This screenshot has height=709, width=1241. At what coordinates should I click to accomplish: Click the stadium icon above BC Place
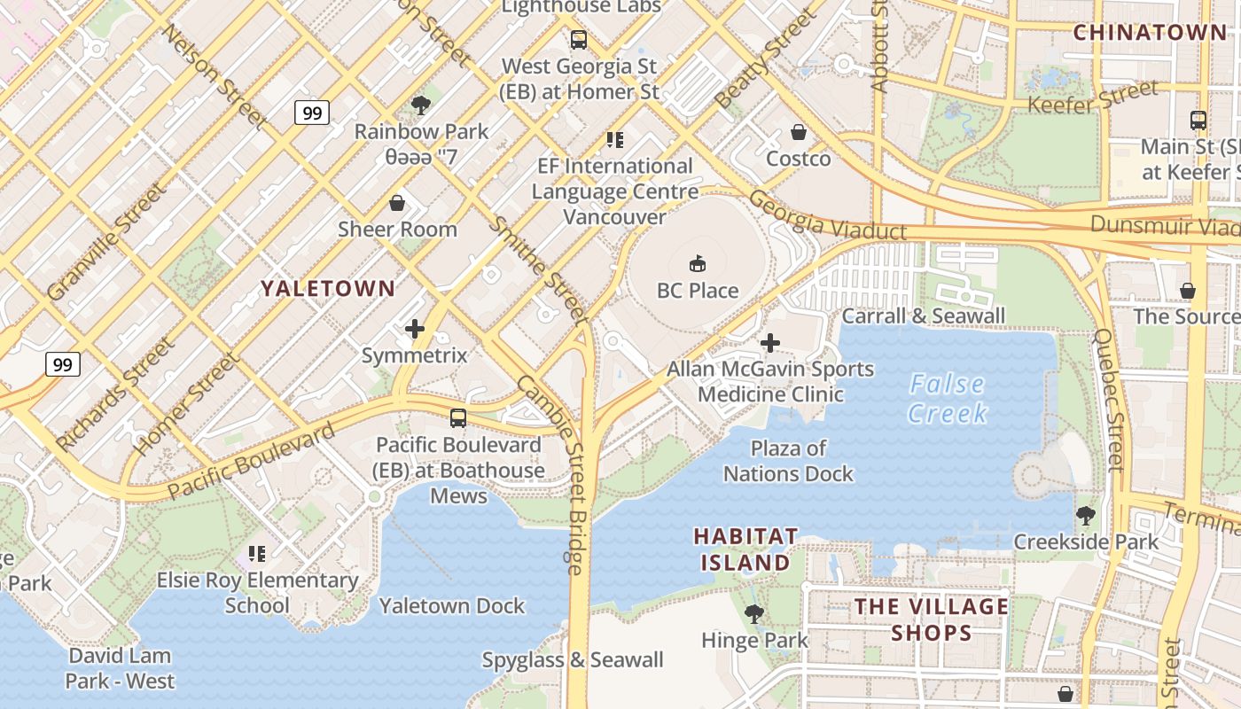(x=698, y=263)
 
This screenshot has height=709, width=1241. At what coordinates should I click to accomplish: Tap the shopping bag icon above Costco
(x=799, y=132)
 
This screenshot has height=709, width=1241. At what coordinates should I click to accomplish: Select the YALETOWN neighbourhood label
(x=328, y=288)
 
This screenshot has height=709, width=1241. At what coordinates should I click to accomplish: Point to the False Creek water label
(x=948, y=398)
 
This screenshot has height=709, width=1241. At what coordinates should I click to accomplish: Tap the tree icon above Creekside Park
(x=1085, y=515)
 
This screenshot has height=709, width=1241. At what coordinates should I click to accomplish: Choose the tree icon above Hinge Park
(x=754, y=613)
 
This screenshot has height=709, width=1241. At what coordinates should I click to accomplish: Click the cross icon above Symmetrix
(x=414, y=330)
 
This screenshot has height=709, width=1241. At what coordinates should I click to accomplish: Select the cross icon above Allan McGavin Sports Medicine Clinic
(x=770, y=343)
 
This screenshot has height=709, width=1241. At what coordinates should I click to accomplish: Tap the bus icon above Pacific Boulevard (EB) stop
(x=458, y=418)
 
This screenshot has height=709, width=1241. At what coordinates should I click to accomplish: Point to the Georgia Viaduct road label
(x=828, y=214)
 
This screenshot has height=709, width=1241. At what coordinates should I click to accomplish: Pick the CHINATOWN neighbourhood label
(x=1150, y=33)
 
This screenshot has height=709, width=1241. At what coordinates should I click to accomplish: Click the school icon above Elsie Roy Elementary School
(x=257, y=554)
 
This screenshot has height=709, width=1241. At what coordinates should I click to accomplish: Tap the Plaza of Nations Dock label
(x=788, y=461)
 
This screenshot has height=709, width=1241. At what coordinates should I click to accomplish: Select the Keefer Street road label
(x=1093, y=97)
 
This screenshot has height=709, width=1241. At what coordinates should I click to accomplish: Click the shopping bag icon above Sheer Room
(x=397, y=203)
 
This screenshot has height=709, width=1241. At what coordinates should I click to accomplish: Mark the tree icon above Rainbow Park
(x=421, y=105)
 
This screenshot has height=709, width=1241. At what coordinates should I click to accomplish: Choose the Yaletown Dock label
(x=452, y=606)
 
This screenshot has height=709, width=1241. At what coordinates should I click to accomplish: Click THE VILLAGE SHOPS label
(x=931, y=619)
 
